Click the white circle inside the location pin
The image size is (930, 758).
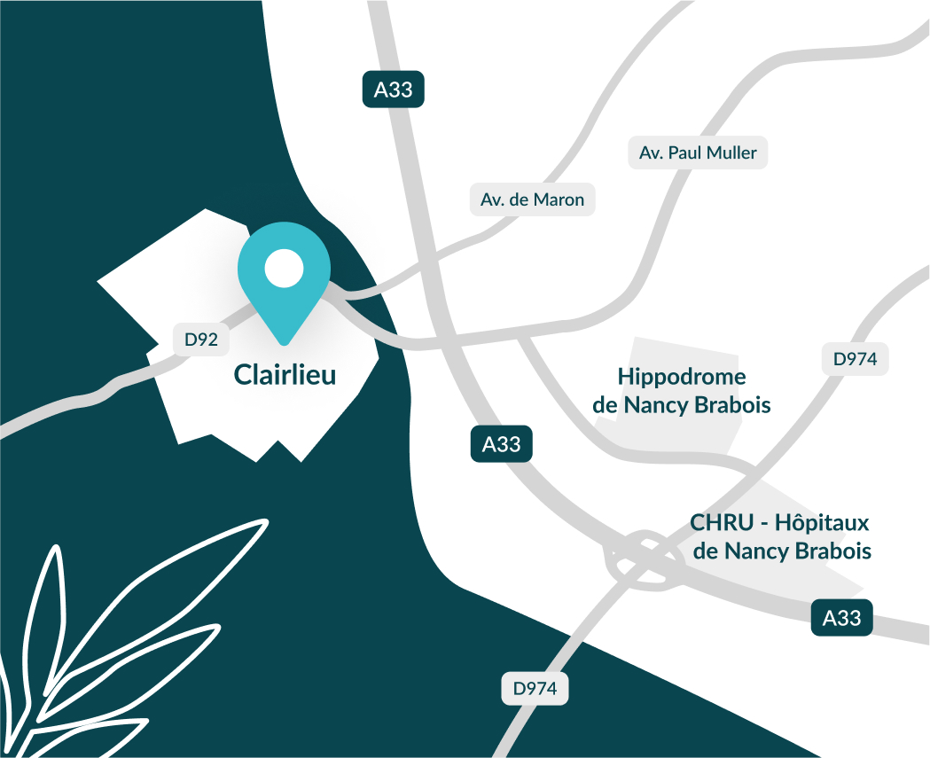[x=284, y=268]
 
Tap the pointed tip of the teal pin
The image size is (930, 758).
[x=284, y=341]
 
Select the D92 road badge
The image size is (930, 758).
[x=201, y=339]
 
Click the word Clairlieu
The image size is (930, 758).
[x=285, y=375]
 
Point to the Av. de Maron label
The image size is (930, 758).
[x=532, y=199]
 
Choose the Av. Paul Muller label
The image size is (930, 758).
[x=698, y=152]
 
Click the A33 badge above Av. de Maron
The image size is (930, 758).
[x=394, y=90]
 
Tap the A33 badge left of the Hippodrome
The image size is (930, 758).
[x=501, y=444]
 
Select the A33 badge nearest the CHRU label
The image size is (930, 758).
[x=842, y=617]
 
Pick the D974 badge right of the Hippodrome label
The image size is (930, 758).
[x=855, y=359]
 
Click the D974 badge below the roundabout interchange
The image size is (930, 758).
[x=535, y=688]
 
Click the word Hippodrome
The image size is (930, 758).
[x=682, y=377]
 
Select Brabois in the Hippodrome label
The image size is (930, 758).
[x=732, y=406]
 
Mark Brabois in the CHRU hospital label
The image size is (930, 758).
[x=832, y=551]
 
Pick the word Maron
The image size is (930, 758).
[x=559, y=199]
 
